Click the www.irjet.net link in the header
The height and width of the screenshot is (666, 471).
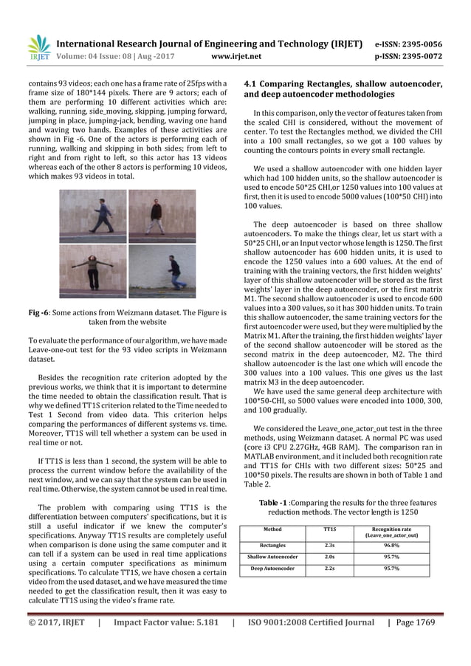coord(234,54)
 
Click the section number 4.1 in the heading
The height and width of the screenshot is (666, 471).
coord(253,83)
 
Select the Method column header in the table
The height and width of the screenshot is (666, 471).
coord(272,529)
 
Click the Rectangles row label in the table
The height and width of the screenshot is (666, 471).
coord(272,545)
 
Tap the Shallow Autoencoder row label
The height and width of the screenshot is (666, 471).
coord(272,557)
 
